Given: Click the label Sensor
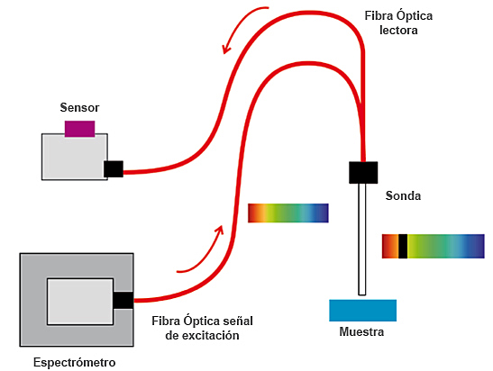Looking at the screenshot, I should coord(79,107).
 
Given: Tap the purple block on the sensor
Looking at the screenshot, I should coord(80,128).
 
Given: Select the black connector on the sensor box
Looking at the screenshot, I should coord(114,168).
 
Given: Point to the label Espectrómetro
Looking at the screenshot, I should coord(74,363).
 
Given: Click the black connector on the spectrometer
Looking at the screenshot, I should coord(123,300).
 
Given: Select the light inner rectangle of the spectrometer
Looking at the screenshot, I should coord(79,302).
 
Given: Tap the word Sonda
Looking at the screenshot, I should coord(403,195).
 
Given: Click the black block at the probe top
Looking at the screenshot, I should coord(363,171).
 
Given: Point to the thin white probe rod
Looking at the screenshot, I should coord(362,239).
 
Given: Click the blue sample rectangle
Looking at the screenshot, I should coord(362,309).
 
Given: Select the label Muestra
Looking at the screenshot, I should coord(361,332).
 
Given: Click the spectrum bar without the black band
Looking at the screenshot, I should coord(288,213).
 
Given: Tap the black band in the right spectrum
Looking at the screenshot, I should coord(403,246).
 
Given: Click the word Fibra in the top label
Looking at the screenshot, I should coord(382,15).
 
